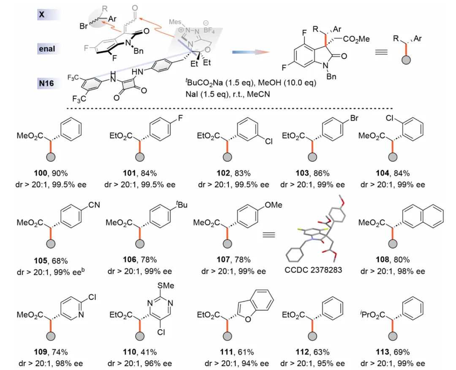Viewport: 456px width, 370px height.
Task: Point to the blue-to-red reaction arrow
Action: point(251,51)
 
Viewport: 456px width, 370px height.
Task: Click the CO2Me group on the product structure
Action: point(357,39)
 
